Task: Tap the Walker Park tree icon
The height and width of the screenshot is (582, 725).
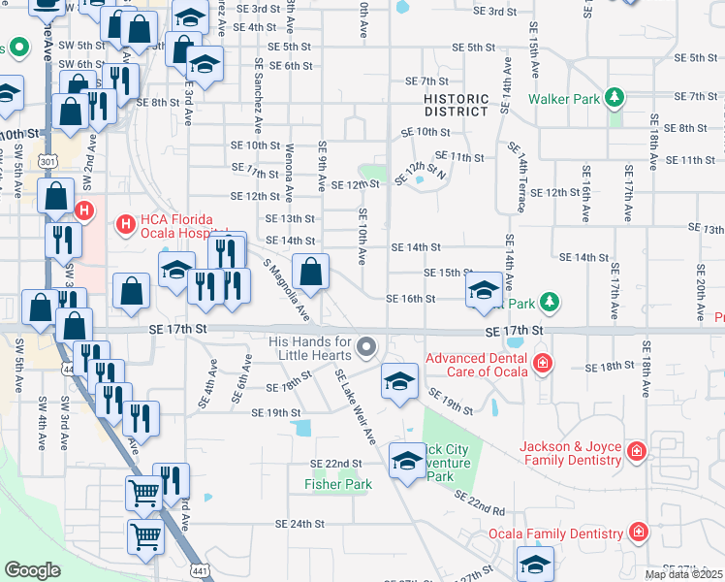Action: pyautogui.click(x=614, y=98)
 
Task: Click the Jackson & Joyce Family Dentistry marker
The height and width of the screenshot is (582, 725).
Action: pyautogui.click(x=636, y=451)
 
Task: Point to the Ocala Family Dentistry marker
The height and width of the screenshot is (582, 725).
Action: pyautogui.click(x=639, y=533)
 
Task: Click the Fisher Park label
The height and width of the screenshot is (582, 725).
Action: pyautogui.click(x=338, y=484)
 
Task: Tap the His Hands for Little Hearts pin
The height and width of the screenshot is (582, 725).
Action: pyautogui.click(x=366, y=346)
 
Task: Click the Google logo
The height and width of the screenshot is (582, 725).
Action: pyautogui.click(x=32, y=570)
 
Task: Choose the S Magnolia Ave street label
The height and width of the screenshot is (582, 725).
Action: pyautogui.click(x=287, y=291)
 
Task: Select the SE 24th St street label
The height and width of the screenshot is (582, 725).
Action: pyautogui.click(x=299, y=524)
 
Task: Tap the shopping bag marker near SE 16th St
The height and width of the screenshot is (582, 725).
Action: pyautogui.click(x=310, y=275)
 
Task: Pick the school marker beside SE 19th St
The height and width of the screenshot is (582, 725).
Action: pyautogui.click(x=399, y=381)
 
